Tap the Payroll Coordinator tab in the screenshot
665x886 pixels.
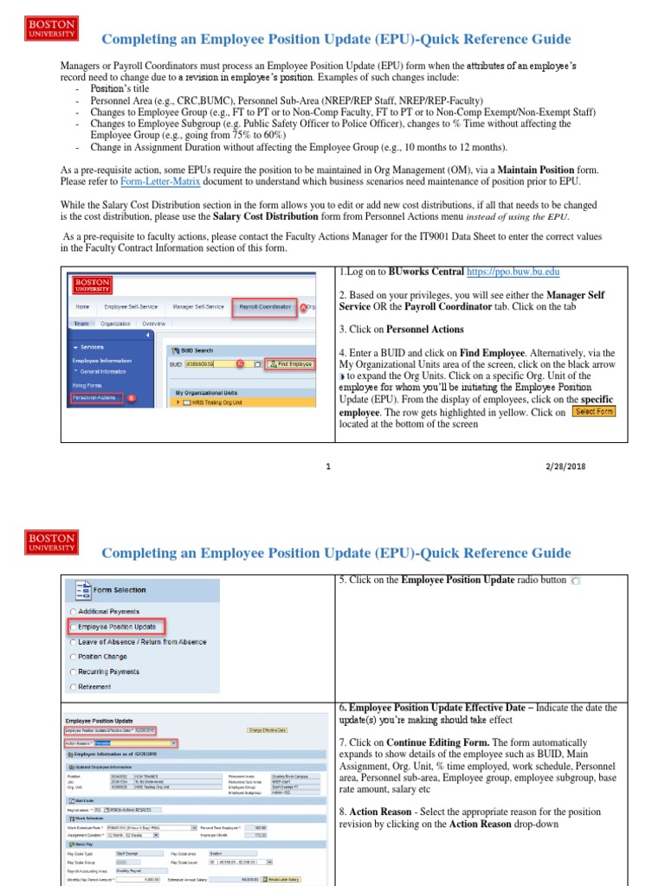coord(266,306)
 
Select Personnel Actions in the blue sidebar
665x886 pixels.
coord(95,397)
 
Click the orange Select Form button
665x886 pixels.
coord(593,412)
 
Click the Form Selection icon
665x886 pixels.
coord(83,590)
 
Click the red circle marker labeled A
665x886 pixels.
coord(302,307)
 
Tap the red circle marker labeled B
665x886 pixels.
coord(132,399)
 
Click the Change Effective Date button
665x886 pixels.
coord(267,731)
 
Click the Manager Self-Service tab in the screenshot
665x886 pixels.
coord(198,306)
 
